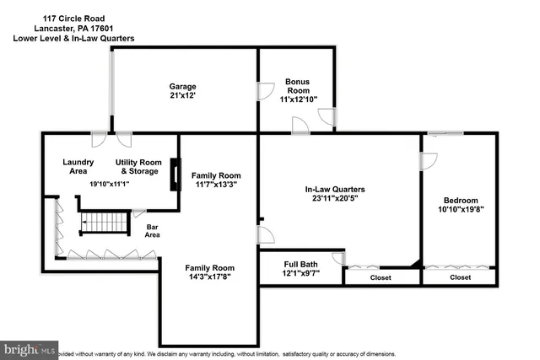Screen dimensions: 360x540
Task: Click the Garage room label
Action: click(x=182, y=86)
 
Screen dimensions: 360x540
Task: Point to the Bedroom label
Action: click(x=461, y=200)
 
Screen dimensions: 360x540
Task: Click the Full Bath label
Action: click(x=300, y=264)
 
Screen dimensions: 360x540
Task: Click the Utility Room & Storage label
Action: click(x=137, y=166)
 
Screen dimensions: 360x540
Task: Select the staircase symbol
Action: click(x=100, y=223)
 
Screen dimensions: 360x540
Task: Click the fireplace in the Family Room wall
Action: click(x=175, y=175)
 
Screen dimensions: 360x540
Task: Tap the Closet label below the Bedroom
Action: click(x=460, y=277)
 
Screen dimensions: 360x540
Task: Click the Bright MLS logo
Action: click(x=29, y=348)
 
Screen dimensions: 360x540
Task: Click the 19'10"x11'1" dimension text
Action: click(x=110, y=184)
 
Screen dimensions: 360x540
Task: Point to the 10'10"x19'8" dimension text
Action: click(x=461, y=211)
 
